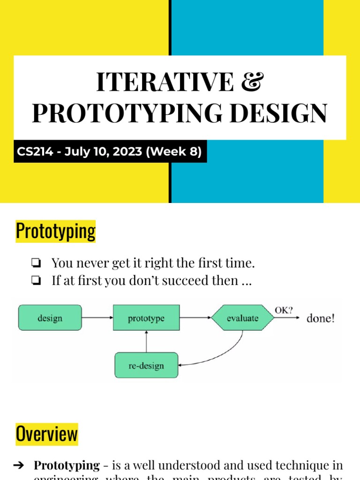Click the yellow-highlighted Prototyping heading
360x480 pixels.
tap(55, 231)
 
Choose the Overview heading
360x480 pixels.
tap(46, 434)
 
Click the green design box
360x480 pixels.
tap(50, 317)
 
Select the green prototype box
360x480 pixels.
tap(146, 317)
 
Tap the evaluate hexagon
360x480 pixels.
tap(242, 317)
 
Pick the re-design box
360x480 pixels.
tap(146, 365)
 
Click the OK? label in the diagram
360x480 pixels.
tap(284, 310)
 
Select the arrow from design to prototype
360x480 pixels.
tap(97, 317)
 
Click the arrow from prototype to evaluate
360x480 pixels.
tap(195, 317)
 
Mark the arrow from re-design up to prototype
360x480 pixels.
tap(146, 341)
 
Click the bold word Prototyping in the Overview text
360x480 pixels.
tap(67, 465)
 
